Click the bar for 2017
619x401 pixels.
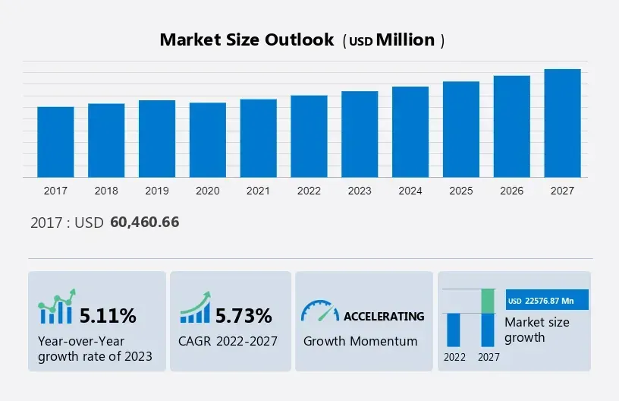coord(55,142)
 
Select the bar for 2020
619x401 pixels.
coord(208,140)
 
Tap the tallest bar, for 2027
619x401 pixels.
coord(563,123)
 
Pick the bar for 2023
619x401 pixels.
coord(360,134)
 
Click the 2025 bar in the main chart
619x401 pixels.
coord(461,129)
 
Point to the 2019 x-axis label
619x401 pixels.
coord(157,191)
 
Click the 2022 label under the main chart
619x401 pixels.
coord(309,191)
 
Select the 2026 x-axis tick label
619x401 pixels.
coord(512,191)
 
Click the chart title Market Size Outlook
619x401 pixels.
coord(247,40)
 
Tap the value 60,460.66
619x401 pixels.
coord(144,223)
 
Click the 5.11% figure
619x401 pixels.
coord(108,315)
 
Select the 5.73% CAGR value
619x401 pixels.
coord(244,315)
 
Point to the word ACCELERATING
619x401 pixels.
coord(384,316)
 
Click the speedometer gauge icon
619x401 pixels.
coord(320,311)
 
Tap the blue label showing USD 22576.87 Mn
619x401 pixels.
coord(545,300)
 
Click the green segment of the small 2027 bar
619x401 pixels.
coord(489,301)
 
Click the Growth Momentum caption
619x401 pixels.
coord(360,341)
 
